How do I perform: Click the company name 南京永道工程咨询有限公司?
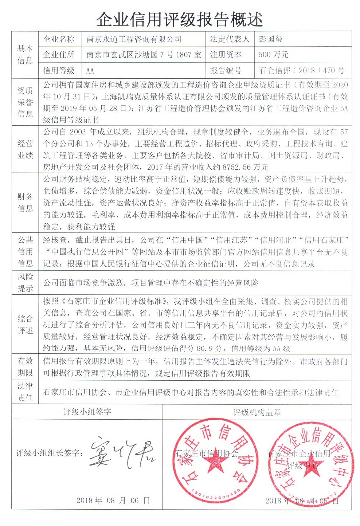pyautogui.click(x=134, y=39)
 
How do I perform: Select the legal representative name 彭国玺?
pyautogui.click(x=270, y=39)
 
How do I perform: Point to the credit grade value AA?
pyautogui.click(x=90, y=71)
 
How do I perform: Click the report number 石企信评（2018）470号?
pyautogui.click(x=301, y=71)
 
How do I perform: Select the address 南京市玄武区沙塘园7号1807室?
pyautogui.click(x=144, y=55)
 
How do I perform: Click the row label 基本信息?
pyautogui.click(x=25, y=55)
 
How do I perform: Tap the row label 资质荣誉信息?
pyautogui.click(x=25, y=102)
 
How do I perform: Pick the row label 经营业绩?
pyautogui.click(x=25, y=149)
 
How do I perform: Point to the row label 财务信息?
pyautogui.click(x=25, y=203)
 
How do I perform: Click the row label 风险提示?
pyautogui.click(x=25, y=283)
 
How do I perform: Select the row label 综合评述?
pyautogui.click(x=25, y=325)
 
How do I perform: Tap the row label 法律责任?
pyautogui.click(x=25, y=392)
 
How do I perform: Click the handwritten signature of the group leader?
pyautogui.click(x=122, y=453)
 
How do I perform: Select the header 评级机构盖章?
pyautogui.click(x=257, y=412)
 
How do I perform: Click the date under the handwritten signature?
pyautogui.click(x=113, y=500)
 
